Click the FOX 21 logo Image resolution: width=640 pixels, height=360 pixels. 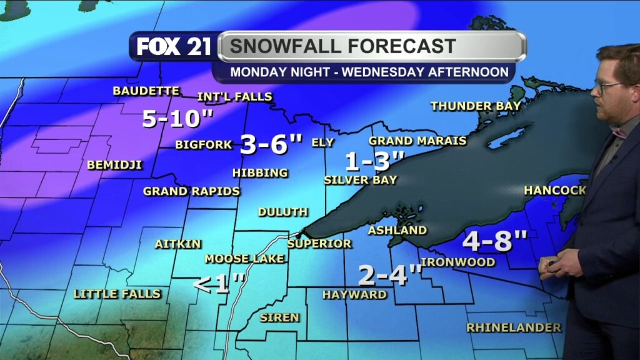click(x=174, y=47)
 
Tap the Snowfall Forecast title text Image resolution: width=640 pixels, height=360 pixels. click(x=342, y=46)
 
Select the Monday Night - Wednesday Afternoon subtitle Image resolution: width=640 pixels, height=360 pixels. click(x=369, y=72)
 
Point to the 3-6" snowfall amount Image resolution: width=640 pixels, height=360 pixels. click(x=271, y=144)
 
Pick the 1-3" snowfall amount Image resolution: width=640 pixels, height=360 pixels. click(x=375, y=162)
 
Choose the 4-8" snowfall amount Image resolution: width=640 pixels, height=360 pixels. click(x=495, y=239)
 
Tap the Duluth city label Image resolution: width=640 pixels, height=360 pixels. click(x=282, y=212)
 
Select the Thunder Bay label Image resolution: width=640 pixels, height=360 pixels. click(x=476, y=106)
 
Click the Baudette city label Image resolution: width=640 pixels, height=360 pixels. click(x=146, y=91)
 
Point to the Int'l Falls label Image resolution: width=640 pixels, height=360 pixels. click(x=234, y=97)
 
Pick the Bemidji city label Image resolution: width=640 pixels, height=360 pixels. click(x=114, y=165)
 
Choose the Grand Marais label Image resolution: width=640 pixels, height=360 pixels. click(x=417, y=141)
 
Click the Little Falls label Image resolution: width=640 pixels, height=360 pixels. click(x=117, y=294)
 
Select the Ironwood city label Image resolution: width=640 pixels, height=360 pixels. click(x=458, y=262)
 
